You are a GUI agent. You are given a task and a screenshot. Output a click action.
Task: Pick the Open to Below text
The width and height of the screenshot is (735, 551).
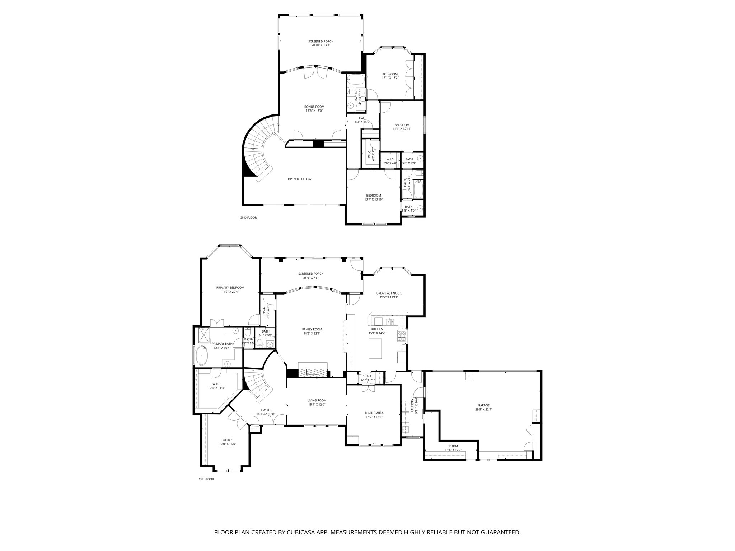click(299, 179)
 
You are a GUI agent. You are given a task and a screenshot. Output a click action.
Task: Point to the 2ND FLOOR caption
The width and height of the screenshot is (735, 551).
click(248, 218)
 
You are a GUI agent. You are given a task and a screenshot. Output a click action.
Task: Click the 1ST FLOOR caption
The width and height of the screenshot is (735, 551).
click(206, 479)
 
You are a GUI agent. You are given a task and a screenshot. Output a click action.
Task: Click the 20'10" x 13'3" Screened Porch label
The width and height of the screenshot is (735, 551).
click(320, 43)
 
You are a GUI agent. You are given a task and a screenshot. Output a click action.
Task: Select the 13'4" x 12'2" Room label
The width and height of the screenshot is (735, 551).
click(453, 448)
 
